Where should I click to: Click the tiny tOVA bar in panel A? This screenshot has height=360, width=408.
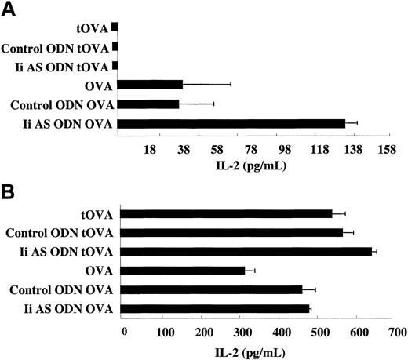[x=115, y=27]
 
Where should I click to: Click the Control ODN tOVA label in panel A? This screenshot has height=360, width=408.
[x=56, y=46]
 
